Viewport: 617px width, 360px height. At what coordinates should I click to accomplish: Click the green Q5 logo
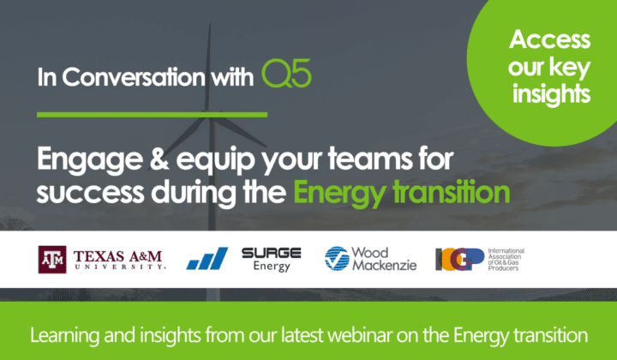click(286, 76)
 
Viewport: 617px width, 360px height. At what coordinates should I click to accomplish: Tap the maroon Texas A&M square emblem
click(51, 257)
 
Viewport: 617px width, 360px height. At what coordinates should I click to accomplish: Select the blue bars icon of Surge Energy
click(207, 258)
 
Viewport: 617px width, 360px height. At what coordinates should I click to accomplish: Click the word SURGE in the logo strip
click(271, 252)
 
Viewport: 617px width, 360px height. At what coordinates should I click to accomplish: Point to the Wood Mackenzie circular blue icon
click(337, 257)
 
